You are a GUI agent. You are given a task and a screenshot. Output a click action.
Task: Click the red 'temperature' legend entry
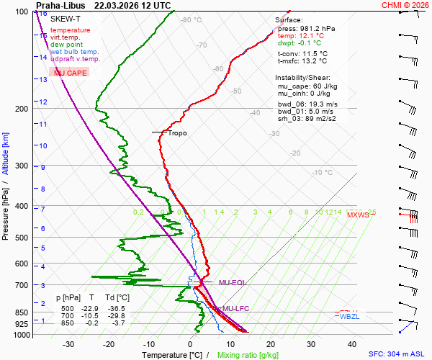tap(70, 30)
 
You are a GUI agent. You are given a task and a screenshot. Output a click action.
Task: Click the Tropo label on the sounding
tap(177, 133)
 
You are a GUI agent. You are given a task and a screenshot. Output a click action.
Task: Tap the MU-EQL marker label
tap(232, 283)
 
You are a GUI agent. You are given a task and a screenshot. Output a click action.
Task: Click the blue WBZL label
tap(349, 317)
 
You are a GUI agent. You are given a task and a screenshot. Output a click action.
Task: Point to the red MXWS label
tap(357, 215)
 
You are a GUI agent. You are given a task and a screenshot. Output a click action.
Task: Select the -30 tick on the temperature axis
tap(69, 344)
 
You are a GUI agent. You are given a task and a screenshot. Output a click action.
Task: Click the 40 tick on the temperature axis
tap(352, 344)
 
